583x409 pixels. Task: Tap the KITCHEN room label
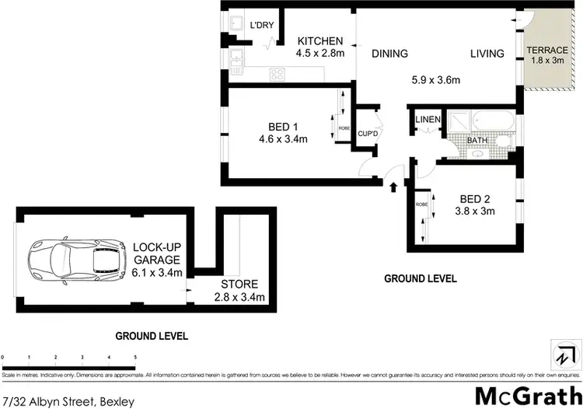click(x=321, y=41)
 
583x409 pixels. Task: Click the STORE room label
click(x=239, y=285)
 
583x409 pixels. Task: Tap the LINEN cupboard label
click(x=428, y=120)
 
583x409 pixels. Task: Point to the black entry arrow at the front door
click(x=392, y=187)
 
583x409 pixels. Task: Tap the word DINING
click(x=389, y=54)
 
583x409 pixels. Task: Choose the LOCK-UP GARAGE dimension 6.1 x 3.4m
click(x=157, y=272)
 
